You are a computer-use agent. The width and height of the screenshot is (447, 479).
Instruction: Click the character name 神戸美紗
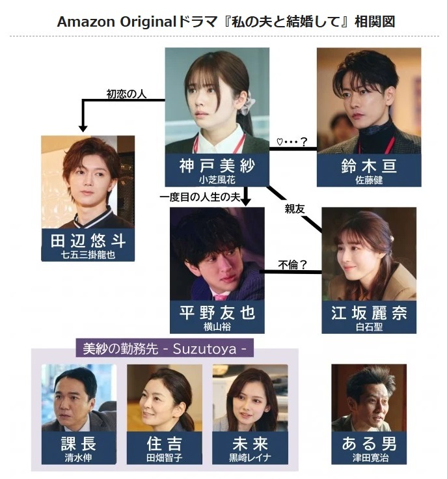point(217,165)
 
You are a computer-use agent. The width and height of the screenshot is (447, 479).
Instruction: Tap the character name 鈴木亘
point(369,166)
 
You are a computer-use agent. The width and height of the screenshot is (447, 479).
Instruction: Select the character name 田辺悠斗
point(88,241)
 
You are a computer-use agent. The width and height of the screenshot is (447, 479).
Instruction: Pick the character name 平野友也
point(217,312)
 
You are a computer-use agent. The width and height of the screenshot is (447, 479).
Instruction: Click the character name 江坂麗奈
point(369,313)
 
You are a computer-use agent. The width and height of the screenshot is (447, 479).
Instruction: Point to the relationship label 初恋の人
point(126,94)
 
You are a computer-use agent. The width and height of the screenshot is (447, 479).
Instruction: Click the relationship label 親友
point(295,209)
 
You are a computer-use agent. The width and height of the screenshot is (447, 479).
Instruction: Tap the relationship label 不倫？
point(292,264)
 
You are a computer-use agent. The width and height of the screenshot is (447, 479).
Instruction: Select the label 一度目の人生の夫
point(200,197)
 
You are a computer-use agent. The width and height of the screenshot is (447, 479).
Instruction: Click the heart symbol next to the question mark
point(279,141)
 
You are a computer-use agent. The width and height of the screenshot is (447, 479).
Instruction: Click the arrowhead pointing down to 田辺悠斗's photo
point(83,128)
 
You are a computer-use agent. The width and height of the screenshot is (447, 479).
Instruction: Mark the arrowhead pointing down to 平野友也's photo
point(246,202)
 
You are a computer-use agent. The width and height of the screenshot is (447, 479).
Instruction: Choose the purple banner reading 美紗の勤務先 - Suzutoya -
point(165,348)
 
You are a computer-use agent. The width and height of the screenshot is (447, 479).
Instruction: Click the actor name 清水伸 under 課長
point(79,458)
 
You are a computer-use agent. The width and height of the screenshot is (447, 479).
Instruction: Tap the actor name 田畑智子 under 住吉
point(164,458)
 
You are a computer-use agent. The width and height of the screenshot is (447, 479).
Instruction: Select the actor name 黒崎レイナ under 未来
point(250,458)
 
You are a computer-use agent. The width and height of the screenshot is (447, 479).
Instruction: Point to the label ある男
point(369,443)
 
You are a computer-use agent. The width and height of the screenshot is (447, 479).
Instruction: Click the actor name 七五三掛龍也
point(88,254)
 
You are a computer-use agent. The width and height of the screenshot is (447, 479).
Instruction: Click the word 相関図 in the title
point(375,21)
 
